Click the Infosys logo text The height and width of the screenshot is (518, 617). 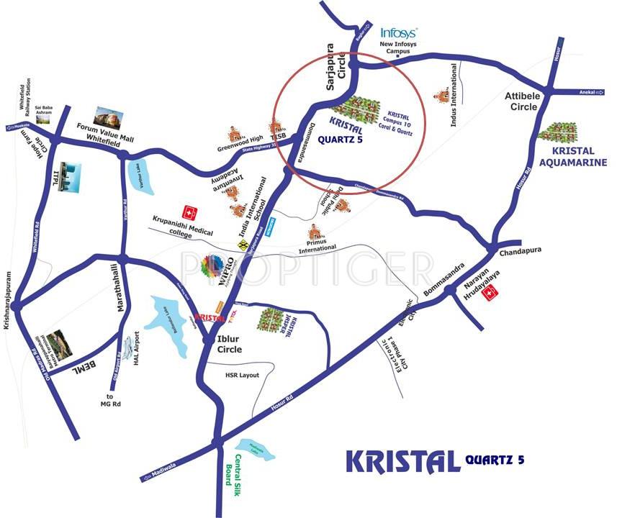click(x=398, y=32)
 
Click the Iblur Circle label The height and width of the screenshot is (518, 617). click(x=230, y=344)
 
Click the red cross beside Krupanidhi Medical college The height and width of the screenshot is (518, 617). click(x=190, y=213)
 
